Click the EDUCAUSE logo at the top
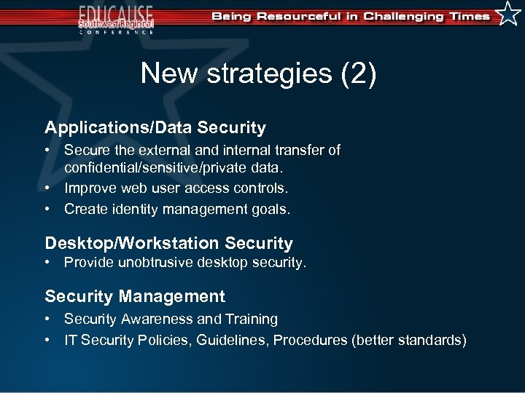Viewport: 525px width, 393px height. click(117, 17)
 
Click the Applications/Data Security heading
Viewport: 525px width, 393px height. click(155, 128)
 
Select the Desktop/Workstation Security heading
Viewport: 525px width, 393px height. click(168, 243)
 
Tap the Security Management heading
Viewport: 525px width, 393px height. click(135, 296)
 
